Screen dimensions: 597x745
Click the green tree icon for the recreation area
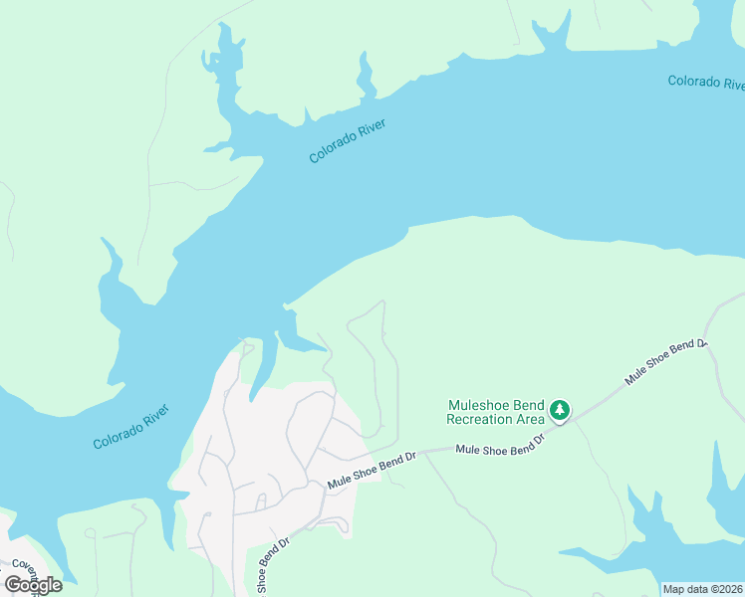[560, 410]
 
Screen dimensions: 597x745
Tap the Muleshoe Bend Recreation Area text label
[496, 412]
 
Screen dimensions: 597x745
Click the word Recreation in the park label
[482, 420]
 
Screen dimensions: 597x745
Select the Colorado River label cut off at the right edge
[706, 82]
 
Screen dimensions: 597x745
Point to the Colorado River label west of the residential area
[131, 427]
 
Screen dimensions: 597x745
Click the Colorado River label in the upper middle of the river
[347, 141]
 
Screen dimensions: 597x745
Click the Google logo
[33, 584]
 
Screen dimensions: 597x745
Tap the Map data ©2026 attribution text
[702, 589]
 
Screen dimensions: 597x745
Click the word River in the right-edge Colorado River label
[732, 83]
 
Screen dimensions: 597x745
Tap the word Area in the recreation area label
[532, 420]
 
